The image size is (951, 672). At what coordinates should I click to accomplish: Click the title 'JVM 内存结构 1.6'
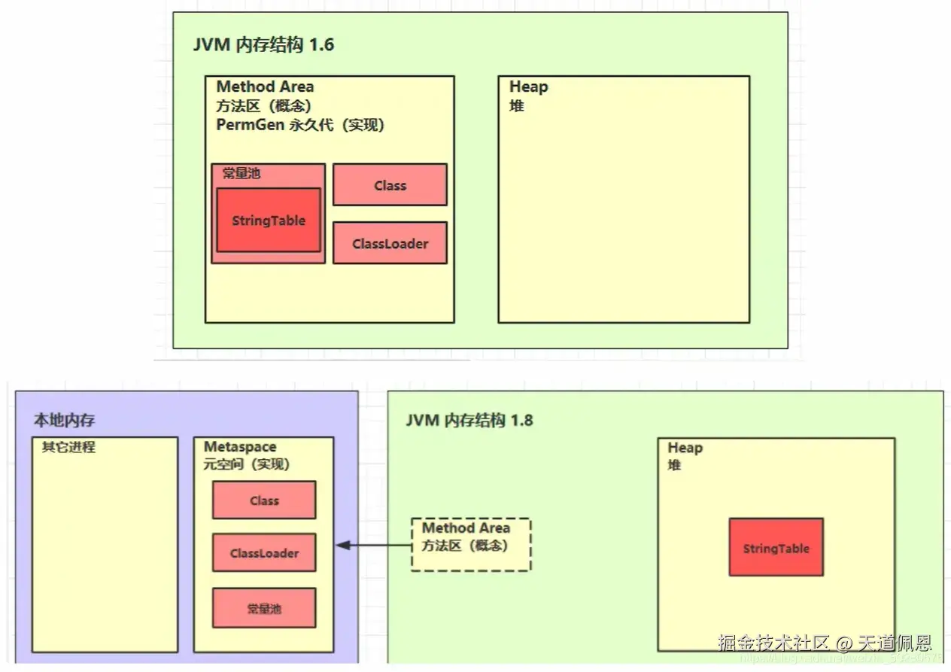tap(263, 45)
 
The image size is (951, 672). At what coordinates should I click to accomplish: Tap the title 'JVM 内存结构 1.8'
tap(469, 420)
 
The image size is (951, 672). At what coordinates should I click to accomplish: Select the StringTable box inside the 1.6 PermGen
tap(269, 220)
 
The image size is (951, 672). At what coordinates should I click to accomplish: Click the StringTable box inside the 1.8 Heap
tap(776, 548)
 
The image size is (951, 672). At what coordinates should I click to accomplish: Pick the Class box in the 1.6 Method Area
tap(390, 185)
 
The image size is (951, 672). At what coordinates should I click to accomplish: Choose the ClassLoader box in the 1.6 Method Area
tap(390, 243)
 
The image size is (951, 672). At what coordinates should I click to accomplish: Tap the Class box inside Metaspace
tap(264, 500)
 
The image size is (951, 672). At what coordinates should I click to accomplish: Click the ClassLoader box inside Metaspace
tap(264, 553)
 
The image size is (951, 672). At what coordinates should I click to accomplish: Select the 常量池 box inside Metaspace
tap(264, 608)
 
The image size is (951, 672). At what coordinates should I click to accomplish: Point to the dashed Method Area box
tap(471, 544)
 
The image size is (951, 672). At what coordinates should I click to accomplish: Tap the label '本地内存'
tap(65, 420)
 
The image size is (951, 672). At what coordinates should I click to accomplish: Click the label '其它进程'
tap(68, 447)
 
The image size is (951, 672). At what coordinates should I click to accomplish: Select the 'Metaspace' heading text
tap(240, 447)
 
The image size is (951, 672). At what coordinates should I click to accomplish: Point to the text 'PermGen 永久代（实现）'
tap(300, 125)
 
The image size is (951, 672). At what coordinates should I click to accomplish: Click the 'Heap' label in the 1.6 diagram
tap(528, 87)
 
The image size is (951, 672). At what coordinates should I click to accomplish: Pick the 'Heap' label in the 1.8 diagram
tap(685, 448)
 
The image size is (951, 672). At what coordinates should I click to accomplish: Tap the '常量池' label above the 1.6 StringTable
tap(241, 173)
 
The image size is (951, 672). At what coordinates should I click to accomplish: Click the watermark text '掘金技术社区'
tap(773, 643)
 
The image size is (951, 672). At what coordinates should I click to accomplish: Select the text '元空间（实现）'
tap(247, 464)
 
